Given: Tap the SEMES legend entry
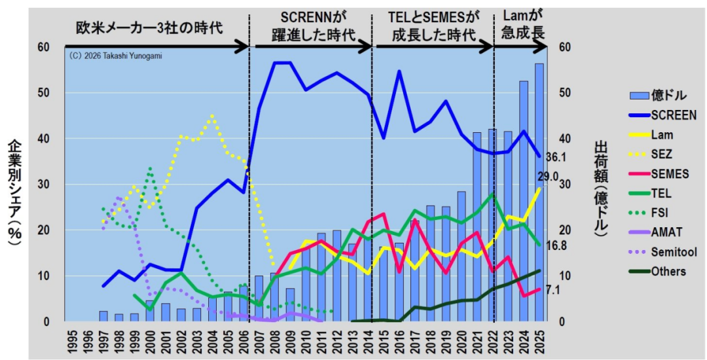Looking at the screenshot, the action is point(658,174).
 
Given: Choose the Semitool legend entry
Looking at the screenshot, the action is point(660,252).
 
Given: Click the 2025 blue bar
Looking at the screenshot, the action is point(539,193).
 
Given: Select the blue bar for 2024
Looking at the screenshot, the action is point(524,202).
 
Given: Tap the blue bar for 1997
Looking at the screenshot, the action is point(103,316).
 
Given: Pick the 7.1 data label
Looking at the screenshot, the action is point(553,291).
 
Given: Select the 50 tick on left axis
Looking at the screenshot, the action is point(48,93).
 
